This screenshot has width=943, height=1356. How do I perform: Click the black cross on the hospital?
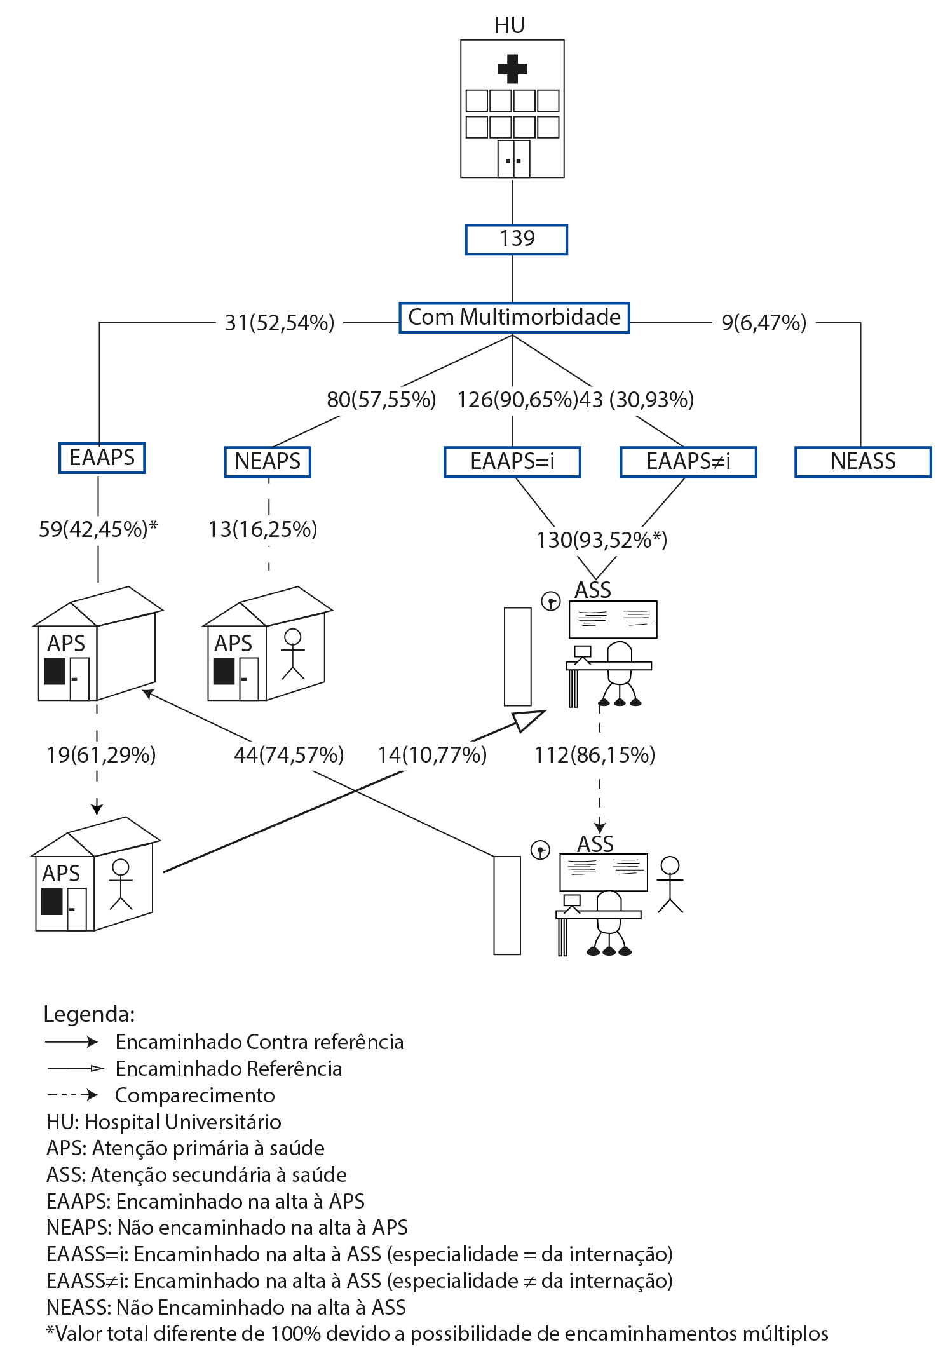(512, 69)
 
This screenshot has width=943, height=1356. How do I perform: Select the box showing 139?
(516, 240)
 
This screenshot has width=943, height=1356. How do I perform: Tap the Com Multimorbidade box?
(514, 318)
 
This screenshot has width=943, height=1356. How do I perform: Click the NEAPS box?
(268, 461)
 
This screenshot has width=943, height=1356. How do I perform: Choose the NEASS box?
(863, 461)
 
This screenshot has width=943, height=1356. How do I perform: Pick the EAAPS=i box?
(512, 461)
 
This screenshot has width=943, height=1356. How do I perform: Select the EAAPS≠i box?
(688, 461)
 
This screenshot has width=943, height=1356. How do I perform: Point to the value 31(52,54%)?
(280, 323)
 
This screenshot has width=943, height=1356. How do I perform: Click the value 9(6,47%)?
(764, 323)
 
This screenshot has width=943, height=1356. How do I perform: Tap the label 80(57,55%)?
(381, 400)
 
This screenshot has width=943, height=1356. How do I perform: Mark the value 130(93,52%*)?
(602, 540)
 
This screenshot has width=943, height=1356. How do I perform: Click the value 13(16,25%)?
(262, 529)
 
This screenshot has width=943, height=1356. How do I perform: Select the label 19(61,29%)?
(101, 755)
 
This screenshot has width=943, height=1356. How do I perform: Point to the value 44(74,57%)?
(288, 755)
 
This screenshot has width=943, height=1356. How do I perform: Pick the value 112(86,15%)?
(594, 755)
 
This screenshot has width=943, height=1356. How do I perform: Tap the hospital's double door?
(513, 158)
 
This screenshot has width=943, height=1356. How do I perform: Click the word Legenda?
(89, 1014)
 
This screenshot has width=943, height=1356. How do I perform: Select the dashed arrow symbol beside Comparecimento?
(72, 1095)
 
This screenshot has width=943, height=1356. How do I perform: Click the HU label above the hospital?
(510, 25)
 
